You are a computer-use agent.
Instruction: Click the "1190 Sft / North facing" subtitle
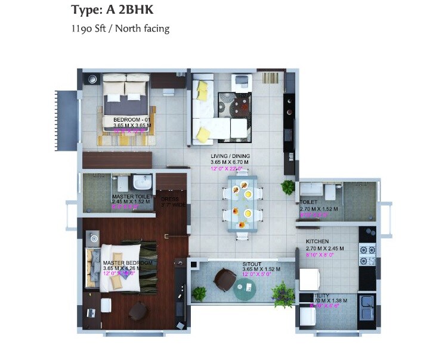click(x=120, y=28)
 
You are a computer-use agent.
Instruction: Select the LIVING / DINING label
click(x=229, y=156)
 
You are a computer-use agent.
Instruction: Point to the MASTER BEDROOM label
click(x=127, y=262)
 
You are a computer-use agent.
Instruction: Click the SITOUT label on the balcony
click(x=252, y=263)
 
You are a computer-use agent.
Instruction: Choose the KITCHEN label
click(x=317, y=241)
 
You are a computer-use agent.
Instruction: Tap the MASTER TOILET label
click(x=130, y=197)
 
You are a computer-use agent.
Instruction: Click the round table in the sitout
click(x=245, y=290)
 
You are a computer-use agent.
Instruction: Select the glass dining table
click(x=242, y=203)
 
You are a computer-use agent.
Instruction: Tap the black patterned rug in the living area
click(x=233, y=105)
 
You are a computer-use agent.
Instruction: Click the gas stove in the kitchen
click(x=367, y=254)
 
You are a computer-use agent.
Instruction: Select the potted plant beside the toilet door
click(x=289, y=187)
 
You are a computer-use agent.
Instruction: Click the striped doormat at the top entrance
click(x=270, y=78)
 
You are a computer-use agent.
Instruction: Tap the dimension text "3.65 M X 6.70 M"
click(x=230, y=162)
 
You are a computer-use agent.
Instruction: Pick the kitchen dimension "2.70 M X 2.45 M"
click(x=322, y=248)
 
